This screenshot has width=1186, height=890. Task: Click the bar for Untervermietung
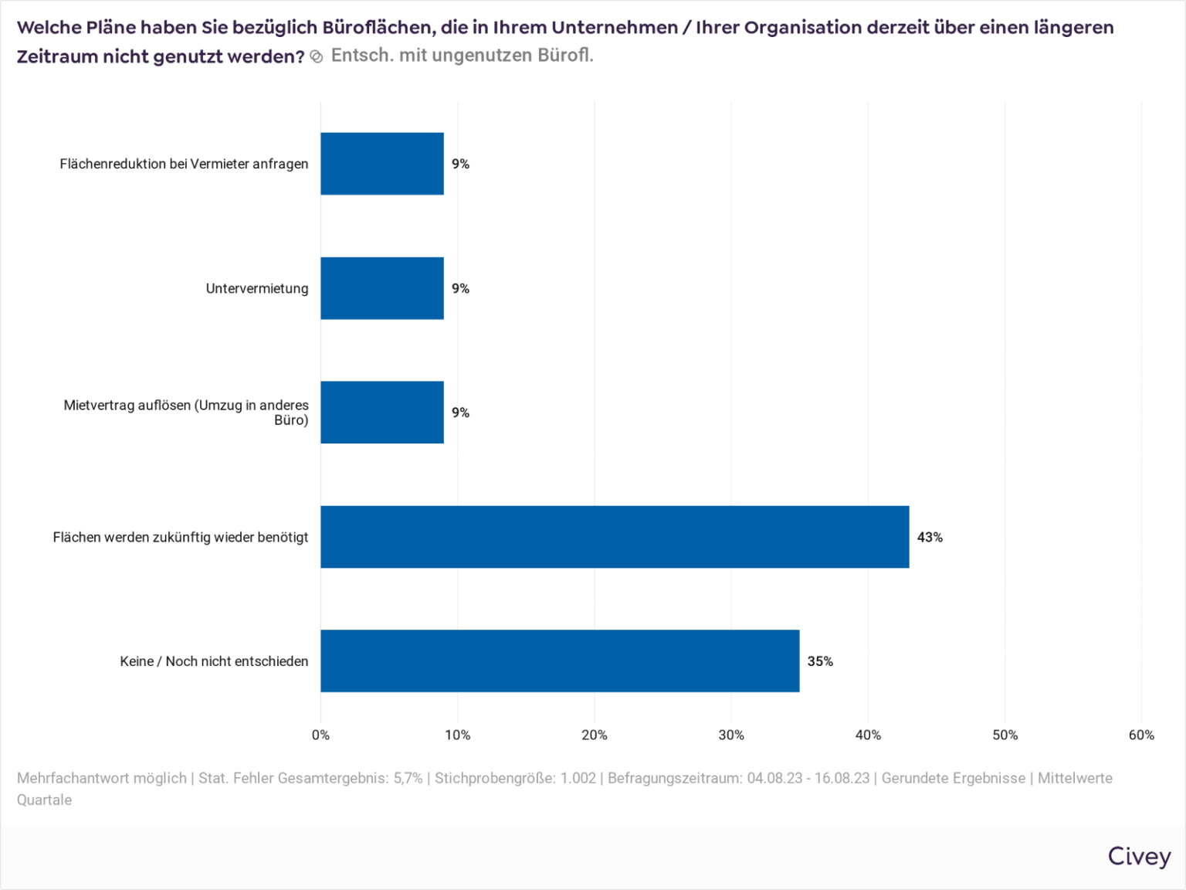click(382, 288)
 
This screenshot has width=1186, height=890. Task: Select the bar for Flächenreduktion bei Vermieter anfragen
click(382, 164)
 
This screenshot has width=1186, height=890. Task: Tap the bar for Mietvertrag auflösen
click(382, 413)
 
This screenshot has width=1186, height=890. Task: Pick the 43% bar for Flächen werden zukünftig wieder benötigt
click(615, 537)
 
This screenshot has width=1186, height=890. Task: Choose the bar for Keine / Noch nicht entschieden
click(560, 661)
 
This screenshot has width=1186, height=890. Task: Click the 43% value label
click(930, 537)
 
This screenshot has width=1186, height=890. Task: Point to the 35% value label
click(820, 661)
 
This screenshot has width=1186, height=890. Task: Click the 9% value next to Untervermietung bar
click(460, 288)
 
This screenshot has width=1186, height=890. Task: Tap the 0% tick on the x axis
click(320, 735)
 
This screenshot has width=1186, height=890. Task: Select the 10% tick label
click(457, 735)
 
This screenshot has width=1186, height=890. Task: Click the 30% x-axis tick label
click(731, 735)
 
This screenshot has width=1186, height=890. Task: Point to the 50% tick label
click(1005, 735)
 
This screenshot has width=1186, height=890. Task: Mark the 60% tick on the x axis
click(1141, 735)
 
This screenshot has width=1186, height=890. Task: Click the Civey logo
click(1139, 857)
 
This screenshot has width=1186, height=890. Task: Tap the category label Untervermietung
click(257, 288)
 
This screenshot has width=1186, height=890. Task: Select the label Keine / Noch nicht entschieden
click(214, 661)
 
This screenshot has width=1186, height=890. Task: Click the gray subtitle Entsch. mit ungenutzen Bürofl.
click(462, 56)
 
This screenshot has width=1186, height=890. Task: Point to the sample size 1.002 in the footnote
click(578, 778)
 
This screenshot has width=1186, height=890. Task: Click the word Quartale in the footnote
click(44, 800)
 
